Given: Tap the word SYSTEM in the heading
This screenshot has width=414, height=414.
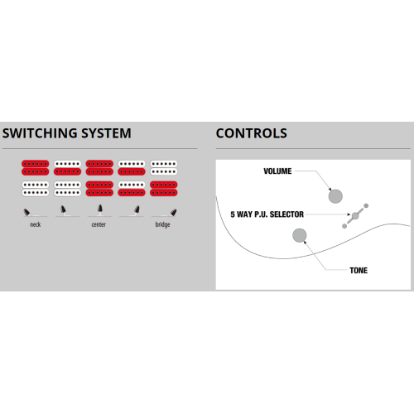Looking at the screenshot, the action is [x=106, y=133].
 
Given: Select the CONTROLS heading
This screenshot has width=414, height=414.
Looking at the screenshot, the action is [x=252, y=133].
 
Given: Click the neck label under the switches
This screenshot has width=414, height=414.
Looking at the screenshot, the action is [x=36, y=224].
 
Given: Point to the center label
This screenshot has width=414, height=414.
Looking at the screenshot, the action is [x=99, y=224].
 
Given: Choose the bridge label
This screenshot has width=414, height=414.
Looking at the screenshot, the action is [x=162, y=224].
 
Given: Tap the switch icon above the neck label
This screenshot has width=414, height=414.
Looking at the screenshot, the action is [x=26, y=212].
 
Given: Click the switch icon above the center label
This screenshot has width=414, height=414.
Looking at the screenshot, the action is [x=100, y=209].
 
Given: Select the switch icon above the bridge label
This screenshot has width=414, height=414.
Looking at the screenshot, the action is [x=174, y=212].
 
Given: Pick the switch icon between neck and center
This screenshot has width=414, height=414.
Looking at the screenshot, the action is [x=64, y=209].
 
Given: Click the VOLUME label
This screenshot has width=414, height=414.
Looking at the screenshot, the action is [x=277, y=171].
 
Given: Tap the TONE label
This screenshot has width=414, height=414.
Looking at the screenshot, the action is [x=359, y=271].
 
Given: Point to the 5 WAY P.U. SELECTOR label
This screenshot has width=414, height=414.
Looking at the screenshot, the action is [x=267, y=214].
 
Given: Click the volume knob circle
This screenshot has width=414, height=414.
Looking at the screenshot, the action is [x=335, y=196].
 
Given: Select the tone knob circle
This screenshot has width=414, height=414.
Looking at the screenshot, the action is [x=300, y=235].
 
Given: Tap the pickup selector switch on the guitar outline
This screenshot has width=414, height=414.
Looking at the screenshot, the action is [x=355, y=216].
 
